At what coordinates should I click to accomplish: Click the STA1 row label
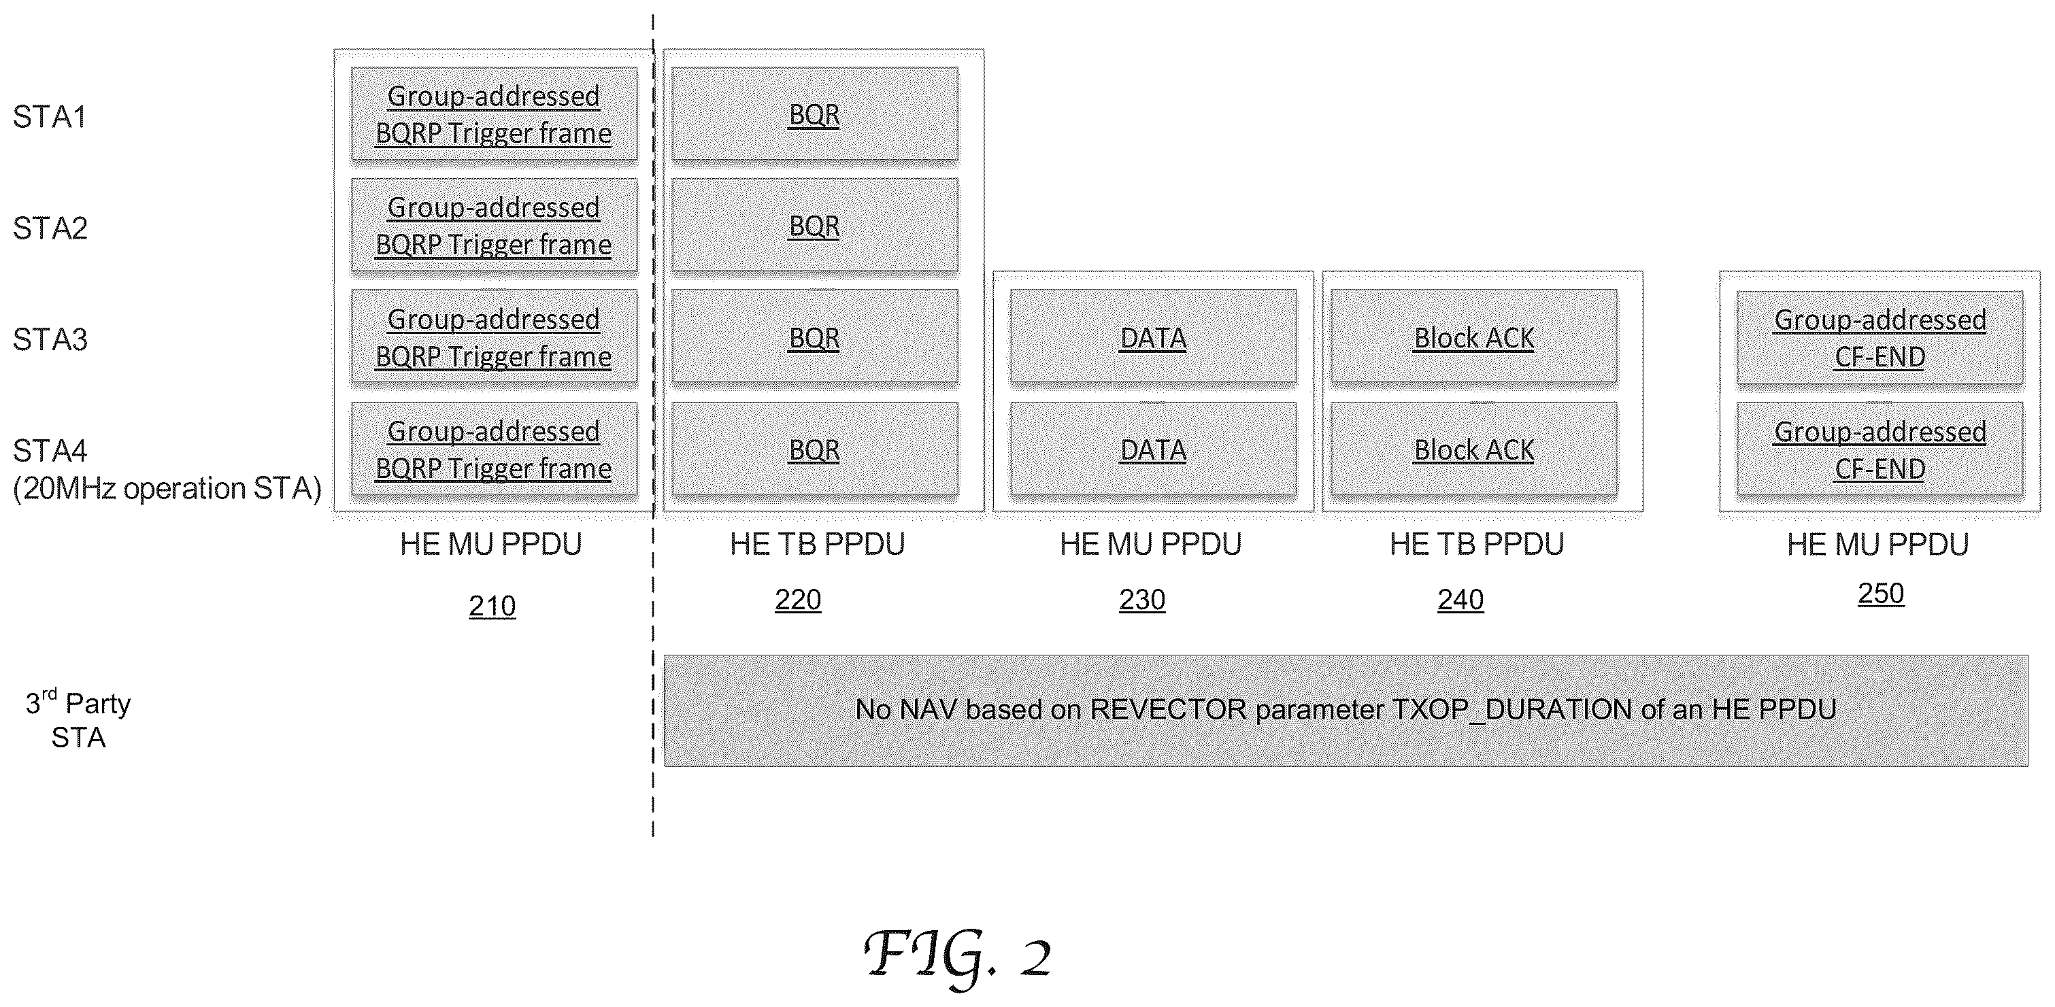(x=50, y=117)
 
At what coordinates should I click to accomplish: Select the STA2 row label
(x=50, y=229)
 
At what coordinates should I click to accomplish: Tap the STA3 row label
(x=50, y=340)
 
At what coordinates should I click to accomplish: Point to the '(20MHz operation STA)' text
(x=167, y=488)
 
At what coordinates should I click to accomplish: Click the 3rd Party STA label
(x=78, y=719)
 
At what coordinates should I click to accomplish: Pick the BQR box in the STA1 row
(x=814, y=115)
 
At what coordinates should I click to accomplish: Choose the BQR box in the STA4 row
(x=814, y=449)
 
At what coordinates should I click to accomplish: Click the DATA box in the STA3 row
(x=1153, y=338)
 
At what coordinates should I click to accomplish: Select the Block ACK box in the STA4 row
(x=1474, y=449)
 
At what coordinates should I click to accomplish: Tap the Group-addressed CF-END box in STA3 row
(x=1880, y=338)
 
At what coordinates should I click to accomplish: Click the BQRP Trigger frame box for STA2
(x=494, y=226)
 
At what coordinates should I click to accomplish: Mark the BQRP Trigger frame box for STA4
(x=494, y=449)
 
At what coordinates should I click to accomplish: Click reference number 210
(x=492, y=607)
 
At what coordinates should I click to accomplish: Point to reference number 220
(x=798, y=600)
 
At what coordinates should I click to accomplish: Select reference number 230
(x=1142, y=600)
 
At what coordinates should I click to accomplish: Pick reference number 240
(x=1460, y=600)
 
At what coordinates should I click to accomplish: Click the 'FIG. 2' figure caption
(x=957, y=955)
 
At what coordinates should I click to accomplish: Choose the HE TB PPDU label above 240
(x=1477, y=545)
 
